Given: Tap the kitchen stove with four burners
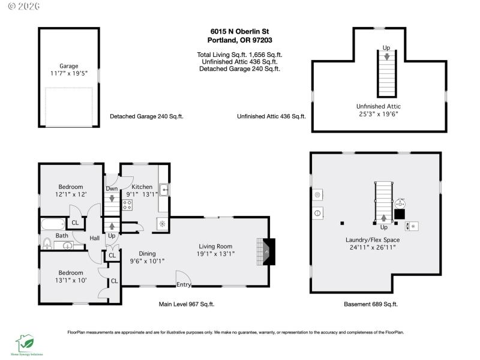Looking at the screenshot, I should coord(127,205).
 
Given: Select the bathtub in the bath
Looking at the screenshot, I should coord(53,226).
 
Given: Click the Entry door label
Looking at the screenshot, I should coord(184,284).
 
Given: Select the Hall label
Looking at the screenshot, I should coord(95,238).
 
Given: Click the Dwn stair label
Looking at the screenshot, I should coord(112,189).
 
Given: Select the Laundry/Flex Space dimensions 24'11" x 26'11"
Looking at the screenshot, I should coord(373,248).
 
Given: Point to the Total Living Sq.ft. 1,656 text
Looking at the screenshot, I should coord(239,54).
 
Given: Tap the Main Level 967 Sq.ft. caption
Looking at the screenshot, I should coord(187,304).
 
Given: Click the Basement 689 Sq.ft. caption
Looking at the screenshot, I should coord(371,304).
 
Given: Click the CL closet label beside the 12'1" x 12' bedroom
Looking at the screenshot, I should coord(75,223).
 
